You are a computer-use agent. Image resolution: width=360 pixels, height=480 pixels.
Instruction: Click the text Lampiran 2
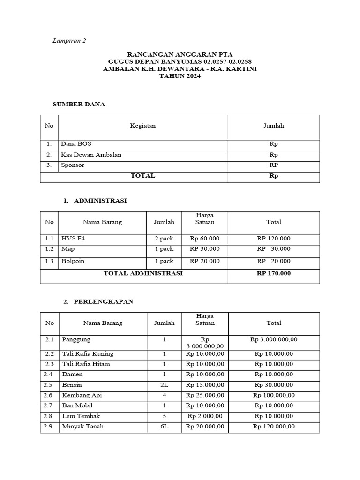click(x=69, y=41)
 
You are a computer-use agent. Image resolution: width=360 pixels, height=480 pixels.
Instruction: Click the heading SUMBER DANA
click(x=79, y=104)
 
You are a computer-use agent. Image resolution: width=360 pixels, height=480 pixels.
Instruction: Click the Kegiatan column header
click(x=142, y=126)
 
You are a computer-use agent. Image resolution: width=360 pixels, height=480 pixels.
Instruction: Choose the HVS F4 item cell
click(x=73, y=238)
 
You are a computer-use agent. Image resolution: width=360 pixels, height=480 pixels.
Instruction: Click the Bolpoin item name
click(x=73, y=261)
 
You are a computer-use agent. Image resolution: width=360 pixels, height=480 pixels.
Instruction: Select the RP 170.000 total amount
click(x=274, y=273)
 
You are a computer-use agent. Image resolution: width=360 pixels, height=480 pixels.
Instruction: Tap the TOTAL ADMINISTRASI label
click(x=143, y=273)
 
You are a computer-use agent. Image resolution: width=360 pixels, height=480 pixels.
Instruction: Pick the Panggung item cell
click(x=76, y=339)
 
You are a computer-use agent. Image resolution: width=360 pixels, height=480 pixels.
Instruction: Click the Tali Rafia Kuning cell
click(x=88, y=354)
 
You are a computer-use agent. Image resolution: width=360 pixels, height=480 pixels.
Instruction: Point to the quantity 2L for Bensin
click(x=164, y=385)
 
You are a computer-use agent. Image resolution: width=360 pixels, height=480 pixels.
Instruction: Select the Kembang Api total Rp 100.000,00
click(x=274, y=395)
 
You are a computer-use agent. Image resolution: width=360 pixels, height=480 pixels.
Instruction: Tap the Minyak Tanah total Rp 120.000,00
click(x=274, y=427)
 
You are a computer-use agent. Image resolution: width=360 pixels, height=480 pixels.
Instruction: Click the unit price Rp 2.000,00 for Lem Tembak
click(x=205, y=416)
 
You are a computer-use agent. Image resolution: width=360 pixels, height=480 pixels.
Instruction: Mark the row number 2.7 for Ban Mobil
click(x=49, y=405)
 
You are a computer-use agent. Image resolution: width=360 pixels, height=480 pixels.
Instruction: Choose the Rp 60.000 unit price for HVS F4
click(x=205, y=238)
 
